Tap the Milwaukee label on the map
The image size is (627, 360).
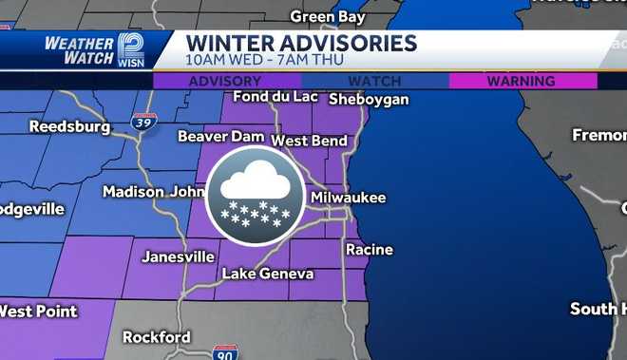point(349,197)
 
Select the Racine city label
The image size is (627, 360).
point(369,250)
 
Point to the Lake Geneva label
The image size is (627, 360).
point(267,274)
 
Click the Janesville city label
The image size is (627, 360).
point(178,256)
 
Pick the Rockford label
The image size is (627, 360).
point(157,337)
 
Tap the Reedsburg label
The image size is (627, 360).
point(69,126)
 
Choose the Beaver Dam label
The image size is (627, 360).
point(220,137)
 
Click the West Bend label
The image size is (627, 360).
point(309,141)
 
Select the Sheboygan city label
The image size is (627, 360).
point(369,99)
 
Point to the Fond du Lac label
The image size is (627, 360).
point(275,96)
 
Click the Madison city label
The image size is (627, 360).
point(133,191)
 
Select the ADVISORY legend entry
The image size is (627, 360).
point(225,82)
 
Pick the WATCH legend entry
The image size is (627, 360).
point(374,82)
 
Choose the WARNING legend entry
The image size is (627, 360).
point(522,82)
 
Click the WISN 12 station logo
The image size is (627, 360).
point(130,49)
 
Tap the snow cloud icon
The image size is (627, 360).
point(255,195)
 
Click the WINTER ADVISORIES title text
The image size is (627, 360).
point(301,43)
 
